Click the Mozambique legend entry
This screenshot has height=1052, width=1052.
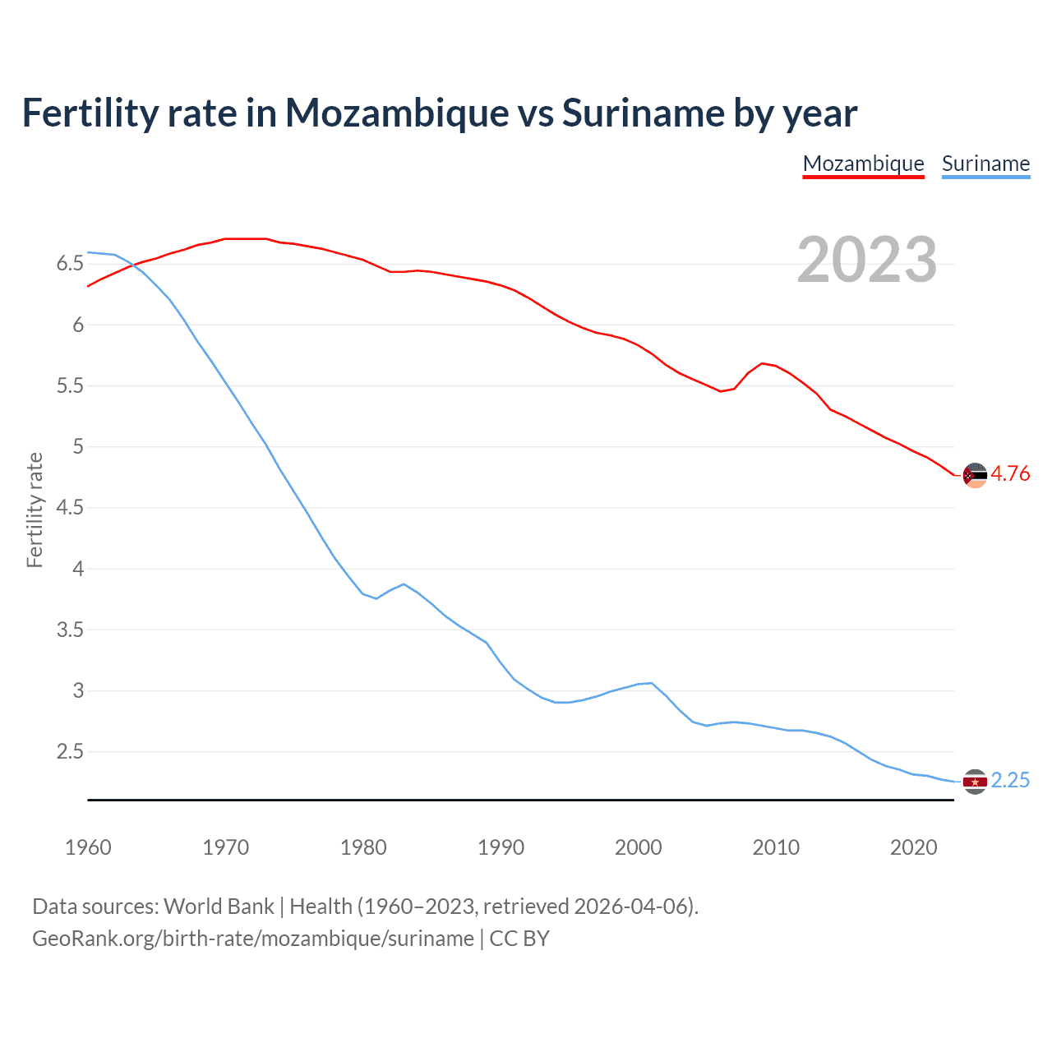coord(863,164)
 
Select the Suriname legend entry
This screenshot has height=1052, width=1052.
coord(985,164)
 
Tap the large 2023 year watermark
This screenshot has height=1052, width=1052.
coord(866,260)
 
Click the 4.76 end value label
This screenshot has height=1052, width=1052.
coord(1010,474)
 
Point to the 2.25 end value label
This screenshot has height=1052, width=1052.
coord(1010,781)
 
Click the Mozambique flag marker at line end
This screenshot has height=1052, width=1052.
coord(975,475)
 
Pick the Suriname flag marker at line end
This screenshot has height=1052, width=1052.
coord(975,782)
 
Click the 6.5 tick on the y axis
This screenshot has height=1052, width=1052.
coord(70,264)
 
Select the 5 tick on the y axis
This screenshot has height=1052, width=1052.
coord(78,447)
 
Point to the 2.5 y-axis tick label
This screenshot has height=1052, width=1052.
coord(70,752)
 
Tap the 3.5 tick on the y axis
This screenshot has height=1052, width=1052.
coord(70,630)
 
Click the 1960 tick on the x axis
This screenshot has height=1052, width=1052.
coord(88,847)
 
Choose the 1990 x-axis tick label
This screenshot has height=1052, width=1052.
coord(501,847)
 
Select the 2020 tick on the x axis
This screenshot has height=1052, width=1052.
coord(913,847)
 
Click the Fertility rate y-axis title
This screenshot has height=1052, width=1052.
coord(35,510)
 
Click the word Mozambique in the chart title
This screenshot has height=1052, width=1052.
coord(397,113)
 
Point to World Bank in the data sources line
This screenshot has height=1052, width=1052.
coord(219,907)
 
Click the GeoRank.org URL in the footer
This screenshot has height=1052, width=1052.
coord(253,939)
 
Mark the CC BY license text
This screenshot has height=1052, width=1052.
coord(519,939)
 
